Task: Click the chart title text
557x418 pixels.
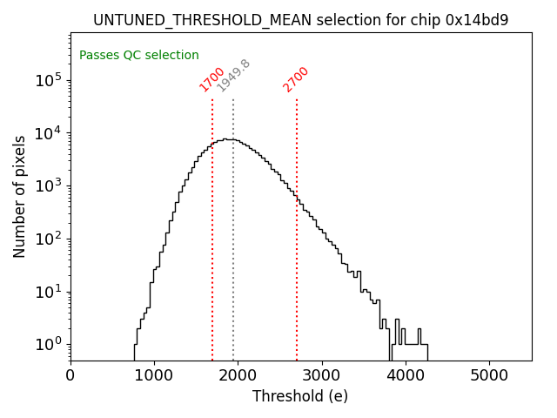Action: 300,20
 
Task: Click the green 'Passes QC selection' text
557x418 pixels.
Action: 139,55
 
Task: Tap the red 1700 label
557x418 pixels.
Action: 212,79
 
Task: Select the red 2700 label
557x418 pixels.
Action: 296,79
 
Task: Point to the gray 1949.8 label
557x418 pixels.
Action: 233,76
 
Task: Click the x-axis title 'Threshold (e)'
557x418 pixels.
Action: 300,396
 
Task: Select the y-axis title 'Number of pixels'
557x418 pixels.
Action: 20,196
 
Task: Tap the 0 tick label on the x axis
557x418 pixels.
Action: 70,375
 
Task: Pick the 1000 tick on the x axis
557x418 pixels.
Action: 154,375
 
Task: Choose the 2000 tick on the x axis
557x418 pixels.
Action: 238,375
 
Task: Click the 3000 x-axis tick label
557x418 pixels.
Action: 321,375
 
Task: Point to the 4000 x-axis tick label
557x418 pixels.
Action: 406,375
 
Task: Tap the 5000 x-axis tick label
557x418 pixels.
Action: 489,375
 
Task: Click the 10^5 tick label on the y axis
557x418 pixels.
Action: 49,81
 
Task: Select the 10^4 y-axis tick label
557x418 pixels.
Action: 49,133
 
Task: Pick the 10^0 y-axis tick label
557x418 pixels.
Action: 49,345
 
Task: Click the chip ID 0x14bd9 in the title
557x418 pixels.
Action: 477,20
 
